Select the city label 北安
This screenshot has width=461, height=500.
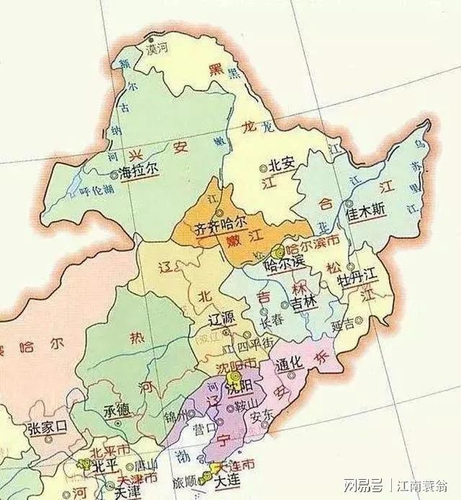[282, 164]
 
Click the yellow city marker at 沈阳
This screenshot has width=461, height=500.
[232, 377]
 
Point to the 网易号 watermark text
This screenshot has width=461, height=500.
[358, 481]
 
